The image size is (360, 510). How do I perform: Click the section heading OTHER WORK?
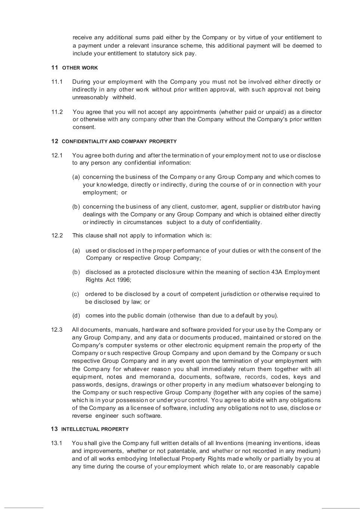point(80,68)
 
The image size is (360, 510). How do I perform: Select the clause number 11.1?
point(57,82)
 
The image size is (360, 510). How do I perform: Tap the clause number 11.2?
point(57,112)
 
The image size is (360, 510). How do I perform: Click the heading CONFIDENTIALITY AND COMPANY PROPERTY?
point(119,142)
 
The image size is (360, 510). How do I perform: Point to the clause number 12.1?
point(57,155)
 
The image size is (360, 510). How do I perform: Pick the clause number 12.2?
point(57,236)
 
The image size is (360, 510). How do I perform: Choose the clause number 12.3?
point(57,330)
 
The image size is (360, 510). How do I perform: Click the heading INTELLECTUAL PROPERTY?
point(95,429)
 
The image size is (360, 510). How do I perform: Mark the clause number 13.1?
point(57,443)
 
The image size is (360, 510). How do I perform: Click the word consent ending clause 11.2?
point(84,127)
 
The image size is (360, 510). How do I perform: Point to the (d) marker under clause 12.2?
point(76,316)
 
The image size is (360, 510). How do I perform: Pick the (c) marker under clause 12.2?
point(76,294)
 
